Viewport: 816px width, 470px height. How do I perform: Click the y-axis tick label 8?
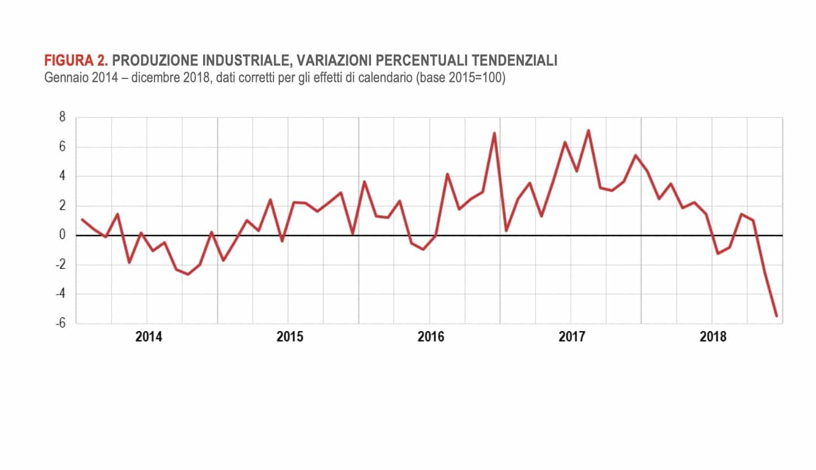62,117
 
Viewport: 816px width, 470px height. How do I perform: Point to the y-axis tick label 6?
62,147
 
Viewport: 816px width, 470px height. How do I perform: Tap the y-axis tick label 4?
62,176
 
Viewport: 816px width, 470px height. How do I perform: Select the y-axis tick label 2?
62,206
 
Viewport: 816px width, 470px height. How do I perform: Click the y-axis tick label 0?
62,235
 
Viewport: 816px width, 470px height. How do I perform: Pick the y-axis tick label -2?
60,265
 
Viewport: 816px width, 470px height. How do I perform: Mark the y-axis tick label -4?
60,294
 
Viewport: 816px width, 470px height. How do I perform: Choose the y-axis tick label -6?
60,323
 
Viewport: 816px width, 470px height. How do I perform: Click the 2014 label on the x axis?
149,337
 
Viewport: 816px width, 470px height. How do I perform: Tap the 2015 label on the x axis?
290,337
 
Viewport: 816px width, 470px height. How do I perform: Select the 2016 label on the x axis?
431,337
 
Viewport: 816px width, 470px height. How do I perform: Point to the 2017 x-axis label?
572,337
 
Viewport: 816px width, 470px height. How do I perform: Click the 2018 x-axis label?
713,337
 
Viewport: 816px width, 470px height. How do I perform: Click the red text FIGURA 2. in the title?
76,61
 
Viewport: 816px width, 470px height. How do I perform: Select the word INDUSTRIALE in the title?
242,61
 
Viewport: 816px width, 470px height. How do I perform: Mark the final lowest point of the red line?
776,316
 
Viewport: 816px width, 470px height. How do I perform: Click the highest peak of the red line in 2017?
589,131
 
